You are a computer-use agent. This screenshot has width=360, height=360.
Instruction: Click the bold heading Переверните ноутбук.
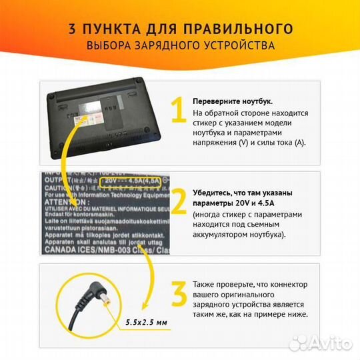point(232,101)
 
